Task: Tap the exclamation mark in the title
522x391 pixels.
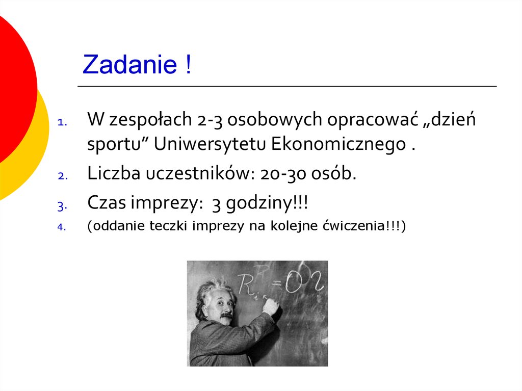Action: tap(189, 65)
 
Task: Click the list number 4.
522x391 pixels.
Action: tap(62, 228)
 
